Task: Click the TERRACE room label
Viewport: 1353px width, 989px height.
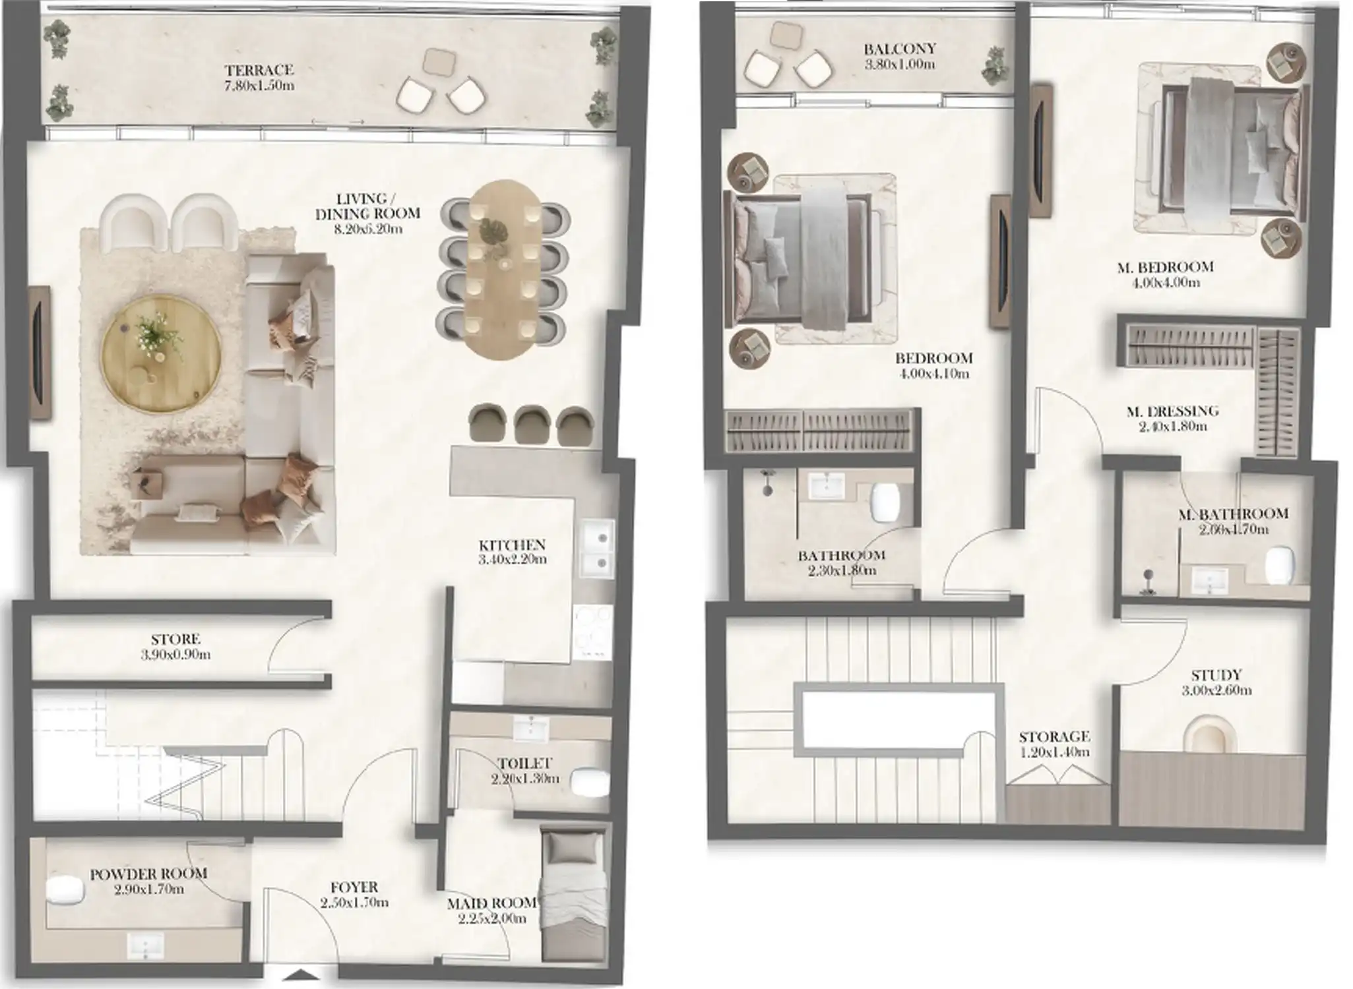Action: point(259,70)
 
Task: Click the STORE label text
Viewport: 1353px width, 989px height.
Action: point(175,640)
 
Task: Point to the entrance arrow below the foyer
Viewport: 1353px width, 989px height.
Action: point(301,975)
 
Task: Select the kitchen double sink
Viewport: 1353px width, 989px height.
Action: point(597,550)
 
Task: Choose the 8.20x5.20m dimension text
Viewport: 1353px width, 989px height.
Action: point(367,229)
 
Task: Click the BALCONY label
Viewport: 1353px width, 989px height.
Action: point(900,49)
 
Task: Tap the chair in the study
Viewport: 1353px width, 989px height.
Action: point(1211,734)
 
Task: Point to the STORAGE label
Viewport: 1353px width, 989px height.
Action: point(1054,736)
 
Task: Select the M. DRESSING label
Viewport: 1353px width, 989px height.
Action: point(1172,411)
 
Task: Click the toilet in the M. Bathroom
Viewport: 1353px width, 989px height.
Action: point(1279,564)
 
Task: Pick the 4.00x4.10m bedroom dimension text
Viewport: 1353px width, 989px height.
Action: point(933,374)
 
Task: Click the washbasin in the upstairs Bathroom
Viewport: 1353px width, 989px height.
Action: point(822,487)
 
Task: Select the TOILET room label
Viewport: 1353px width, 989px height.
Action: point(524,764)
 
